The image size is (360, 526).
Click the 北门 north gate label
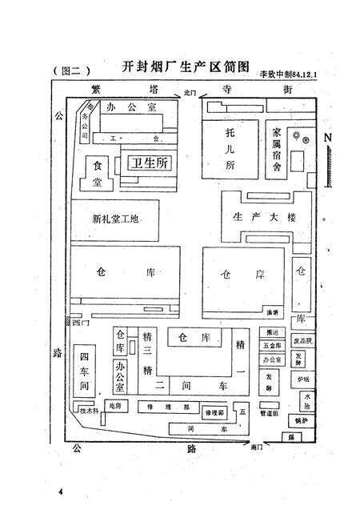(x=190, y=94)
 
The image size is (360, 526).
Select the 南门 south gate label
(x=256, y=447)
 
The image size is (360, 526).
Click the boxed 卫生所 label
(x=150, y=163)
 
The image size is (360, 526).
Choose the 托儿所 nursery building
(x=231, y=149)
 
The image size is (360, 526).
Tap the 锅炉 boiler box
(x=301, y=420)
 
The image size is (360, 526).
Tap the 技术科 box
(x=88, y=411)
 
